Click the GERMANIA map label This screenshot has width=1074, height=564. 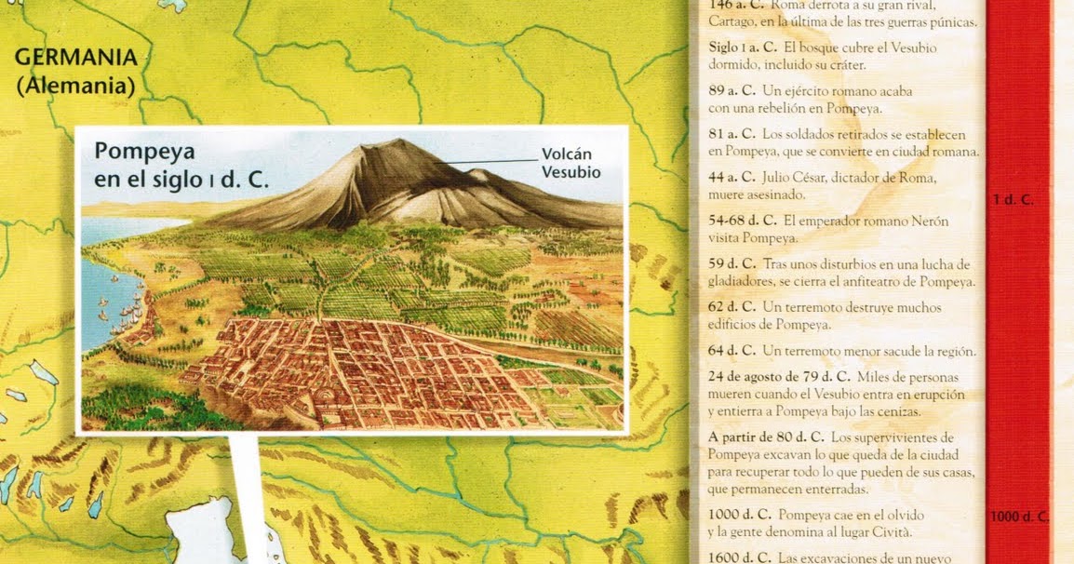[x=75, y=57]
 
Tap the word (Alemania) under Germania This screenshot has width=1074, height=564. [x=75, y=86]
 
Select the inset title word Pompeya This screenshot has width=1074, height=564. [x=138, y=152]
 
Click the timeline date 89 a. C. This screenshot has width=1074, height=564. [x=732, y=91]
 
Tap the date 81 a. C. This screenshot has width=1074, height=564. [x=732, y=134]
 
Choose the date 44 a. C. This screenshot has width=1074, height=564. [x=732, y=178]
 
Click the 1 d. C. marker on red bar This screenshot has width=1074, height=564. [x=1013, y=199]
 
